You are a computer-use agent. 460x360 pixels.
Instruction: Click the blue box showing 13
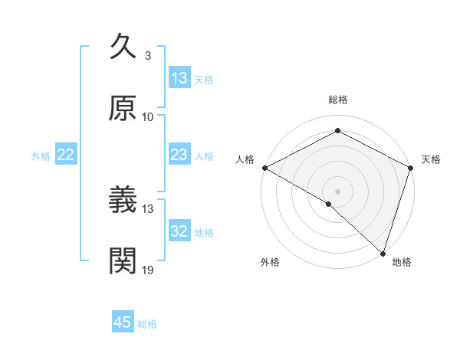179,77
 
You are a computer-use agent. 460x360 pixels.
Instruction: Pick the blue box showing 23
179,155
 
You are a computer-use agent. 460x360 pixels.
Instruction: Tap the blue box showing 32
179,231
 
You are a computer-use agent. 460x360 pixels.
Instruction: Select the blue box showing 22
66,155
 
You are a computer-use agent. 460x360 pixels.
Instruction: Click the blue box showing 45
123,322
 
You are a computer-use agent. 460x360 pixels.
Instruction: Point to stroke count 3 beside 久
147,55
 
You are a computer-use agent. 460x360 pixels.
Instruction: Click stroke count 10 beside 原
148,116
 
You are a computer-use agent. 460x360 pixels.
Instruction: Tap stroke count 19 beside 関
148,270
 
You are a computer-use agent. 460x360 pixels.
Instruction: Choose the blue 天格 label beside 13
204,79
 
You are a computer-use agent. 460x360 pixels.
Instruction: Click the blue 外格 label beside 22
41,155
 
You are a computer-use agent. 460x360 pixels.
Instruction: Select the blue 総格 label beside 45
147,323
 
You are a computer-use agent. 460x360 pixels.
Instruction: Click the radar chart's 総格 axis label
337,100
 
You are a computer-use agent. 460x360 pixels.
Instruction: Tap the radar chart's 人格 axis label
245,159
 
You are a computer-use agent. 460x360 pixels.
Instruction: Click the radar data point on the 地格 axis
383,253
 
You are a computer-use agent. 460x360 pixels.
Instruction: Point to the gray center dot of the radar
337,191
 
